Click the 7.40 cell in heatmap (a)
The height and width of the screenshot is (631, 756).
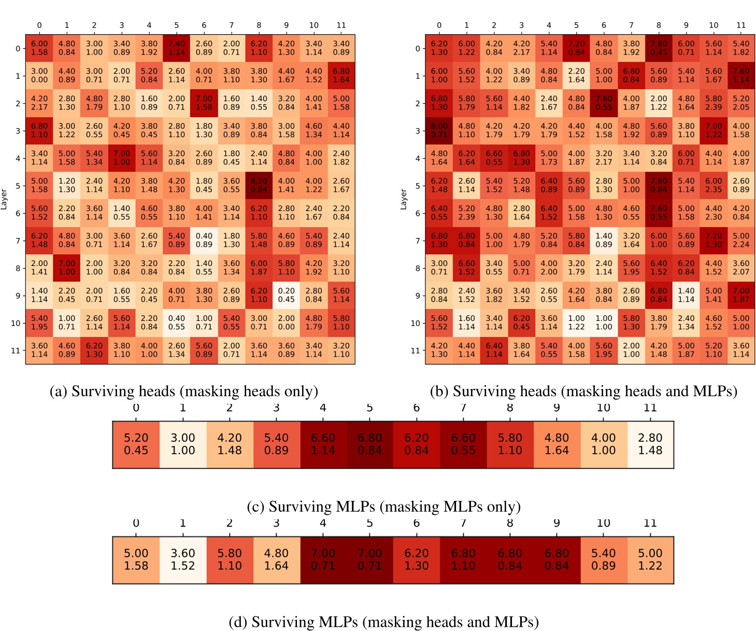click(176, 48)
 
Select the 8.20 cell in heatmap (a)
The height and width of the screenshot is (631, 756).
click(259, 185)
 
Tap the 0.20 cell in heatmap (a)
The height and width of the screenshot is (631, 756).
click(286, 295)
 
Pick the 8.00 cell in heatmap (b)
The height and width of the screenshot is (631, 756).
click(439, 130)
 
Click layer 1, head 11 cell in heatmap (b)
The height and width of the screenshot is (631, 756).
click(741, 76)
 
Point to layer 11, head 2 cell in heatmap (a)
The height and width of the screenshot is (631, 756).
click(94, 350)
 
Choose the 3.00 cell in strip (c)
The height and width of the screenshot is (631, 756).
click(183, 444)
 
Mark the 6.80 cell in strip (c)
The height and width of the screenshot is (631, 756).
click(369, 444)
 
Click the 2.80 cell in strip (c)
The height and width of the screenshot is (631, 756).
click(650, 444)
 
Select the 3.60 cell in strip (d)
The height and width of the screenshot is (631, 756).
click(183, 560)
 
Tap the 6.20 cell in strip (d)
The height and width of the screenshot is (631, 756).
click(417, 560)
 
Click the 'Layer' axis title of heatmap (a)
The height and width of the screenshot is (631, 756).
click(4, 199)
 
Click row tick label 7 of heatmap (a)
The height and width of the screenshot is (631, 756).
click(18, 241)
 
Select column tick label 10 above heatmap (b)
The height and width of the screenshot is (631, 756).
click(714, 25)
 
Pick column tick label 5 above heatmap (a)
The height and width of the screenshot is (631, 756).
click(176, 25)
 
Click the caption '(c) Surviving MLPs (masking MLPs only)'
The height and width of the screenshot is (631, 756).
click(383, 507)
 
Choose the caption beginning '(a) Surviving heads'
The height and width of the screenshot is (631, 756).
click(183, 391)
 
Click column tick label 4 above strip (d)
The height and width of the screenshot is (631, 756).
click(323, 523)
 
